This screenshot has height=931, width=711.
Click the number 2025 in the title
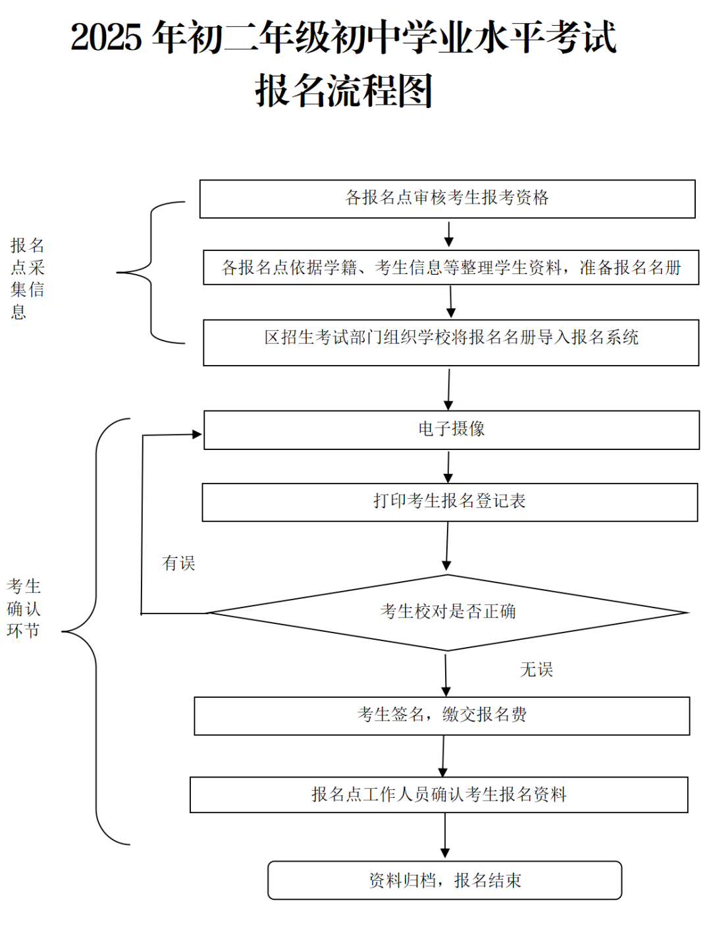click(x=106, y=38)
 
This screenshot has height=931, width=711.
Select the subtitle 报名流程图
click(x=344, y=91)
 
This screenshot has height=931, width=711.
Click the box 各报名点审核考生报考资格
click(x=447, y=198)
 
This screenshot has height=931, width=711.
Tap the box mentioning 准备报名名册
click(x=451, y=268)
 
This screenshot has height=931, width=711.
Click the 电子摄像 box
click(x=452, y=430)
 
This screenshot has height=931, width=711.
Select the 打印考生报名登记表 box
click(x=450, y=502)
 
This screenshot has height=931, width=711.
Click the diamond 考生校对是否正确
click(x=448, y=612)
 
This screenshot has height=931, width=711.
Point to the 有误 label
click(x=178, y=563)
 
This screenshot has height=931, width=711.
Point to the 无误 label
click(x=536, y=669)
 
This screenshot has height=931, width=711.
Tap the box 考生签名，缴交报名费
click(x=442, y=716)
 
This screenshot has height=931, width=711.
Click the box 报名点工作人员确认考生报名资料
click(x=438, y=795)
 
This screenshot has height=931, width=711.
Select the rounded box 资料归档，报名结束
click(x=444, y=880)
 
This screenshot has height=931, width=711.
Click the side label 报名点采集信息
click(x=27, y=278)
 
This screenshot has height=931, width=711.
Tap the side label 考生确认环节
click(x=24, y=608)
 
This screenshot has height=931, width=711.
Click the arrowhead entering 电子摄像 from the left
click(x=196, y=434)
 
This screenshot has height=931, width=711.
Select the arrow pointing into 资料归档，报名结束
click(x=445, y=837)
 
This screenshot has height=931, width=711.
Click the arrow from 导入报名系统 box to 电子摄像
click(x=449, y=389)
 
